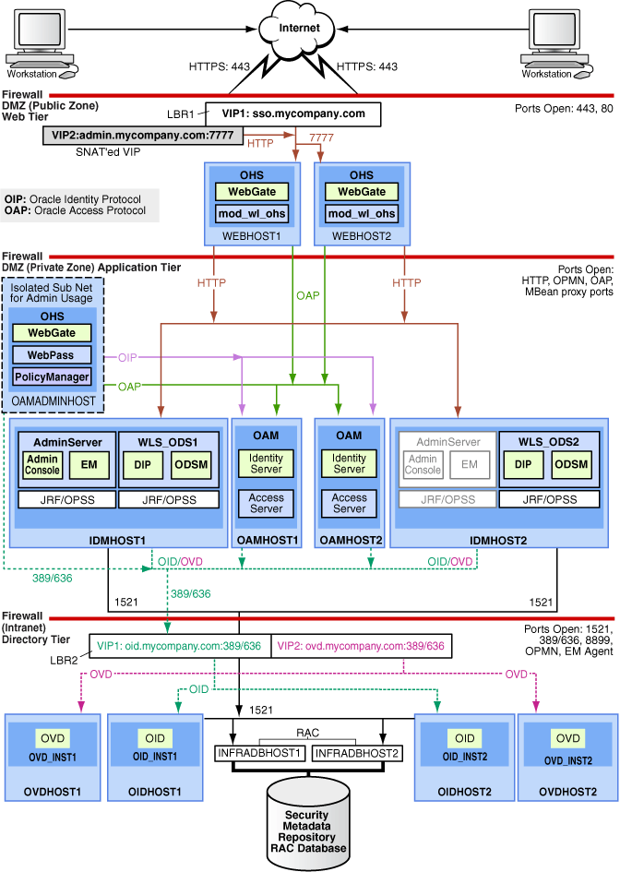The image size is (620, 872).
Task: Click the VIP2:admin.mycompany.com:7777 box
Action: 143,136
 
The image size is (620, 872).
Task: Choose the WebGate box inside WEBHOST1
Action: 252,192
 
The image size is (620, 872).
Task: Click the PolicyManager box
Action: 52,376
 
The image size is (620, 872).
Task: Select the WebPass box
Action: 52,354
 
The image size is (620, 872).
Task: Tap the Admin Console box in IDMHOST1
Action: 42,465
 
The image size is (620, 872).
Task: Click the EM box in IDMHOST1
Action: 89,465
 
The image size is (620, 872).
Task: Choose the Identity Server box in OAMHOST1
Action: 267,463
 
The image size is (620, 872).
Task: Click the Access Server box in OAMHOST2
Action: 350,503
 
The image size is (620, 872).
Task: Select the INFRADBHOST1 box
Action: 260,754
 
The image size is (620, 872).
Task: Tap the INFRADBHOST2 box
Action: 357,754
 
